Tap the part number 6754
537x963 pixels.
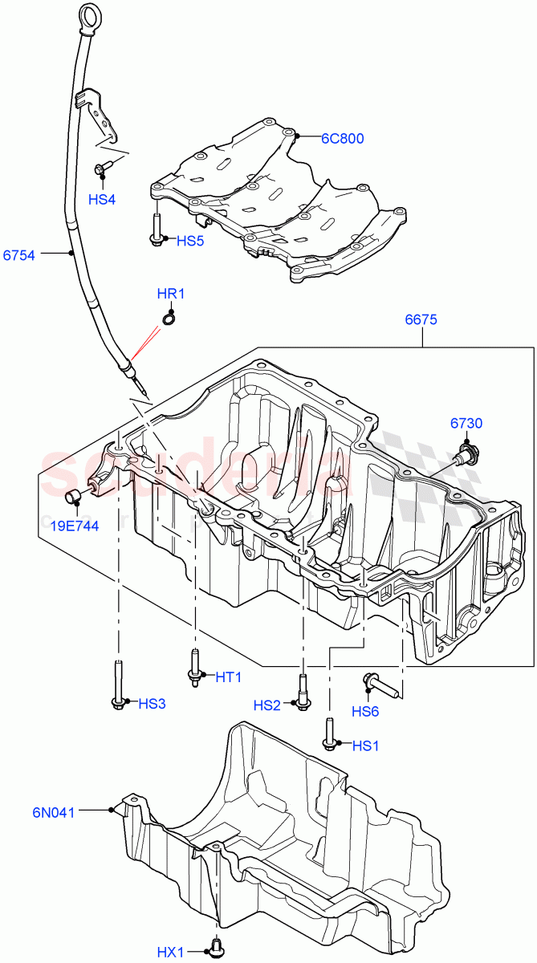click(18, 255)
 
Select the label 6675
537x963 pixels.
click(421, 319)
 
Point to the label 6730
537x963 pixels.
click(466, 424)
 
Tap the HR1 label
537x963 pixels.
click(170, 294)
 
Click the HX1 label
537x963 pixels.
click(170, 953)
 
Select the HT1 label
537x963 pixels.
click(228, 677)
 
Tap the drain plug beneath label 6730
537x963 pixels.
click(464, 454)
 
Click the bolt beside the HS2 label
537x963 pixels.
click(303, 691)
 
